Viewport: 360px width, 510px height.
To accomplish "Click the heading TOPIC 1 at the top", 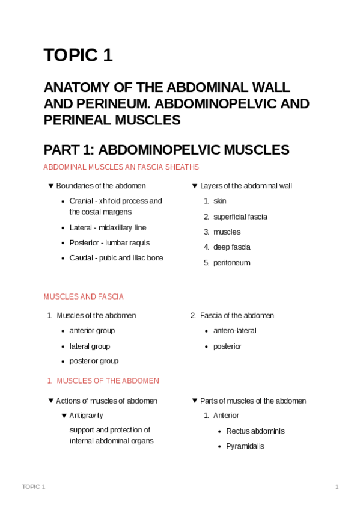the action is pyautogui.click(x=78, y=55).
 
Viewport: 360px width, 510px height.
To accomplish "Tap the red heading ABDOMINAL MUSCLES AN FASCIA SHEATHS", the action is pyautogui.click(x=121, y=167).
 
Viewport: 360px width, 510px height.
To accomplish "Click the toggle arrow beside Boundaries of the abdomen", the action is pyautogui.click(x=51, y=186).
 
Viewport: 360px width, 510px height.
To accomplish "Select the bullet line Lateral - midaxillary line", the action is pyautogui.click(x=108, y=227).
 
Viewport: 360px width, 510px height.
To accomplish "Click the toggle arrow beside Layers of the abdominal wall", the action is pyautogui.click(x=195, y=186).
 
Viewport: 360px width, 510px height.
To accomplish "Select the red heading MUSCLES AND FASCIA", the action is pyautogui.click(x=84, y=296).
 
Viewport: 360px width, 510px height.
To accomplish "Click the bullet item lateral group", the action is pyautogui.click(x=90, y=346).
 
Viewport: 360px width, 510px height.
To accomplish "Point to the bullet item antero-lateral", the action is pyautogui.click(x=234, y=331).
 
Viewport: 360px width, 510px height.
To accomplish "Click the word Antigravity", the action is pyautogui.click(x=86, y=416).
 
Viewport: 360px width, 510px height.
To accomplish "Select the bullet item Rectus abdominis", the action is pyautogui.click(x=255, y=431).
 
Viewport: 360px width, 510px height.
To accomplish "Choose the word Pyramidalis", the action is pyautogui.click(x=245, y=446).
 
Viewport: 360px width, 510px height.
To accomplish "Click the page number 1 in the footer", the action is pyautogui.click(x=337, y=486).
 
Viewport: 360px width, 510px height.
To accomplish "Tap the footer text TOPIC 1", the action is pyautogui.click(x=33, y=486).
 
